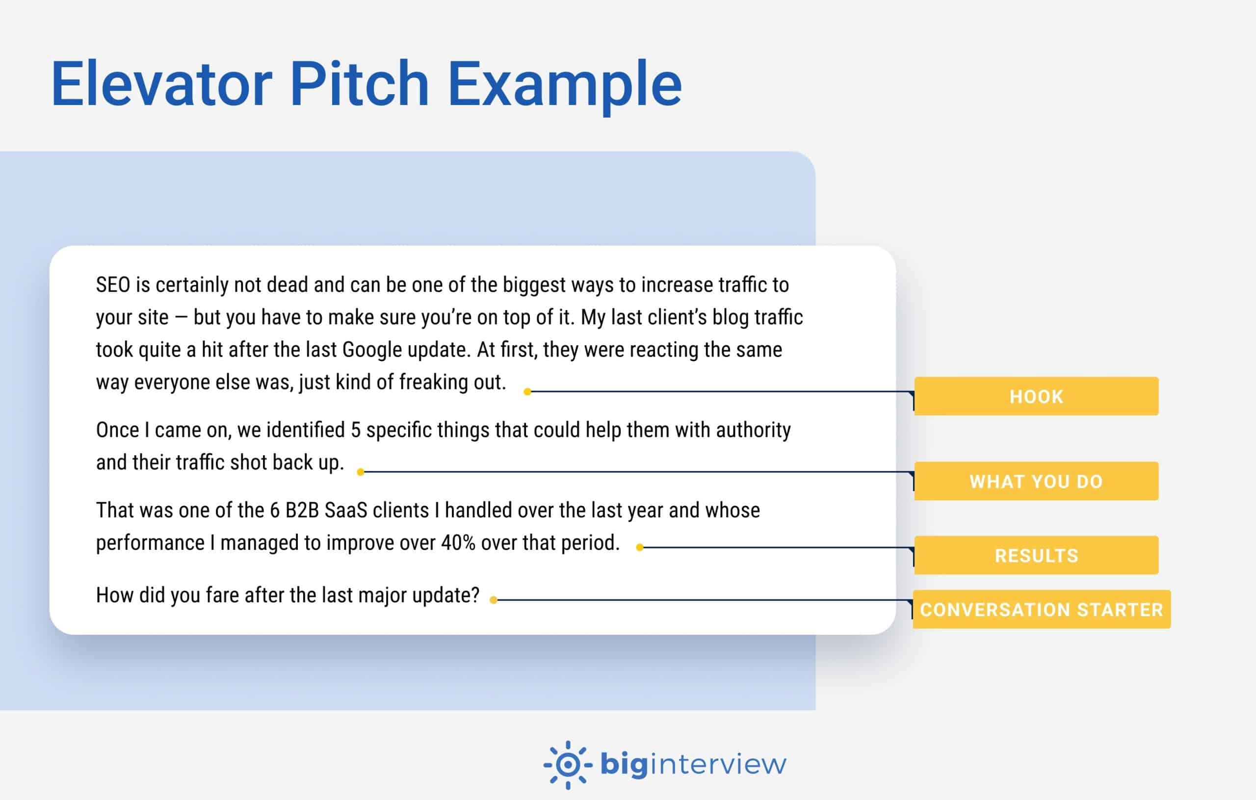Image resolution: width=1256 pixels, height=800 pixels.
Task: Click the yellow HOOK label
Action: [x=1036, y=396]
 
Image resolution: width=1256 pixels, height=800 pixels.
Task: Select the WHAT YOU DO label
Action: [x=1036, y=481]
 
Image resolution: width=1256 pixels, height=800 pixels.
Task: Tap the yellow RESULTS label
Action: [x=1036, y=555]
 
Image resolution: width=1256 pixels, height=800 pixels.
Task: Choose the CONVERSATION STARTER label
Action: [x=1041, y=609]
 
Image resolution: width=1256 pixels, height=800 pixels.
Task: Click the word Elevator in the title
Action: [x=161, y=83]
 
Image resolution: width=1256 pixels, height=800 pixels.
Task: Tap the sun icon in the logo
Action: [x=568, y=765]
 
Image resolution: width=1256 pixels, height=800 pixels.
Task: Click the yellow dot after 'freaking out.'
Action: [x=527, y=391]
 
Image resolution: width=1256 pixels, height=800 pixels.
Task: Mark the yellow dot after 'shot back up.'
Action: [x=361, y=472]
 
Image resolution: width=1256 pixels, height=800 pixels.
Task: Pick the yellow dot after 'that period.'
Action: [x=639, y=547]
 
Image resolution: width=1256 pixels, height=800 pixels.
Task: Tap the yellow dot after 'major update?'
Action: [x=493, y=600]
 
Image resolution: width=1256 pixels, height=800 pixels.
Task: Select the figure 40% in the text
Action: [x=458, y=543]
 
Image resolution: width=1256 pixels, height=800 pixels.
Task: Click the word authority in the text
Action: [x=753, y=430]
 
